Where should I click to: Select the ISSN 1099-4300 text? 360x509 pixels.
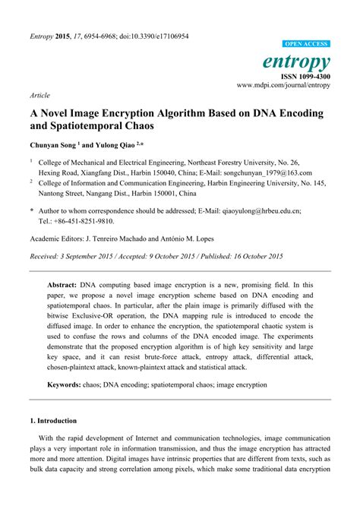(x=307, y=76)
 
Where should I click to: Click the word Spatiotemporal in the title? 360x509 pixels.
(x=90, y=126)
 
